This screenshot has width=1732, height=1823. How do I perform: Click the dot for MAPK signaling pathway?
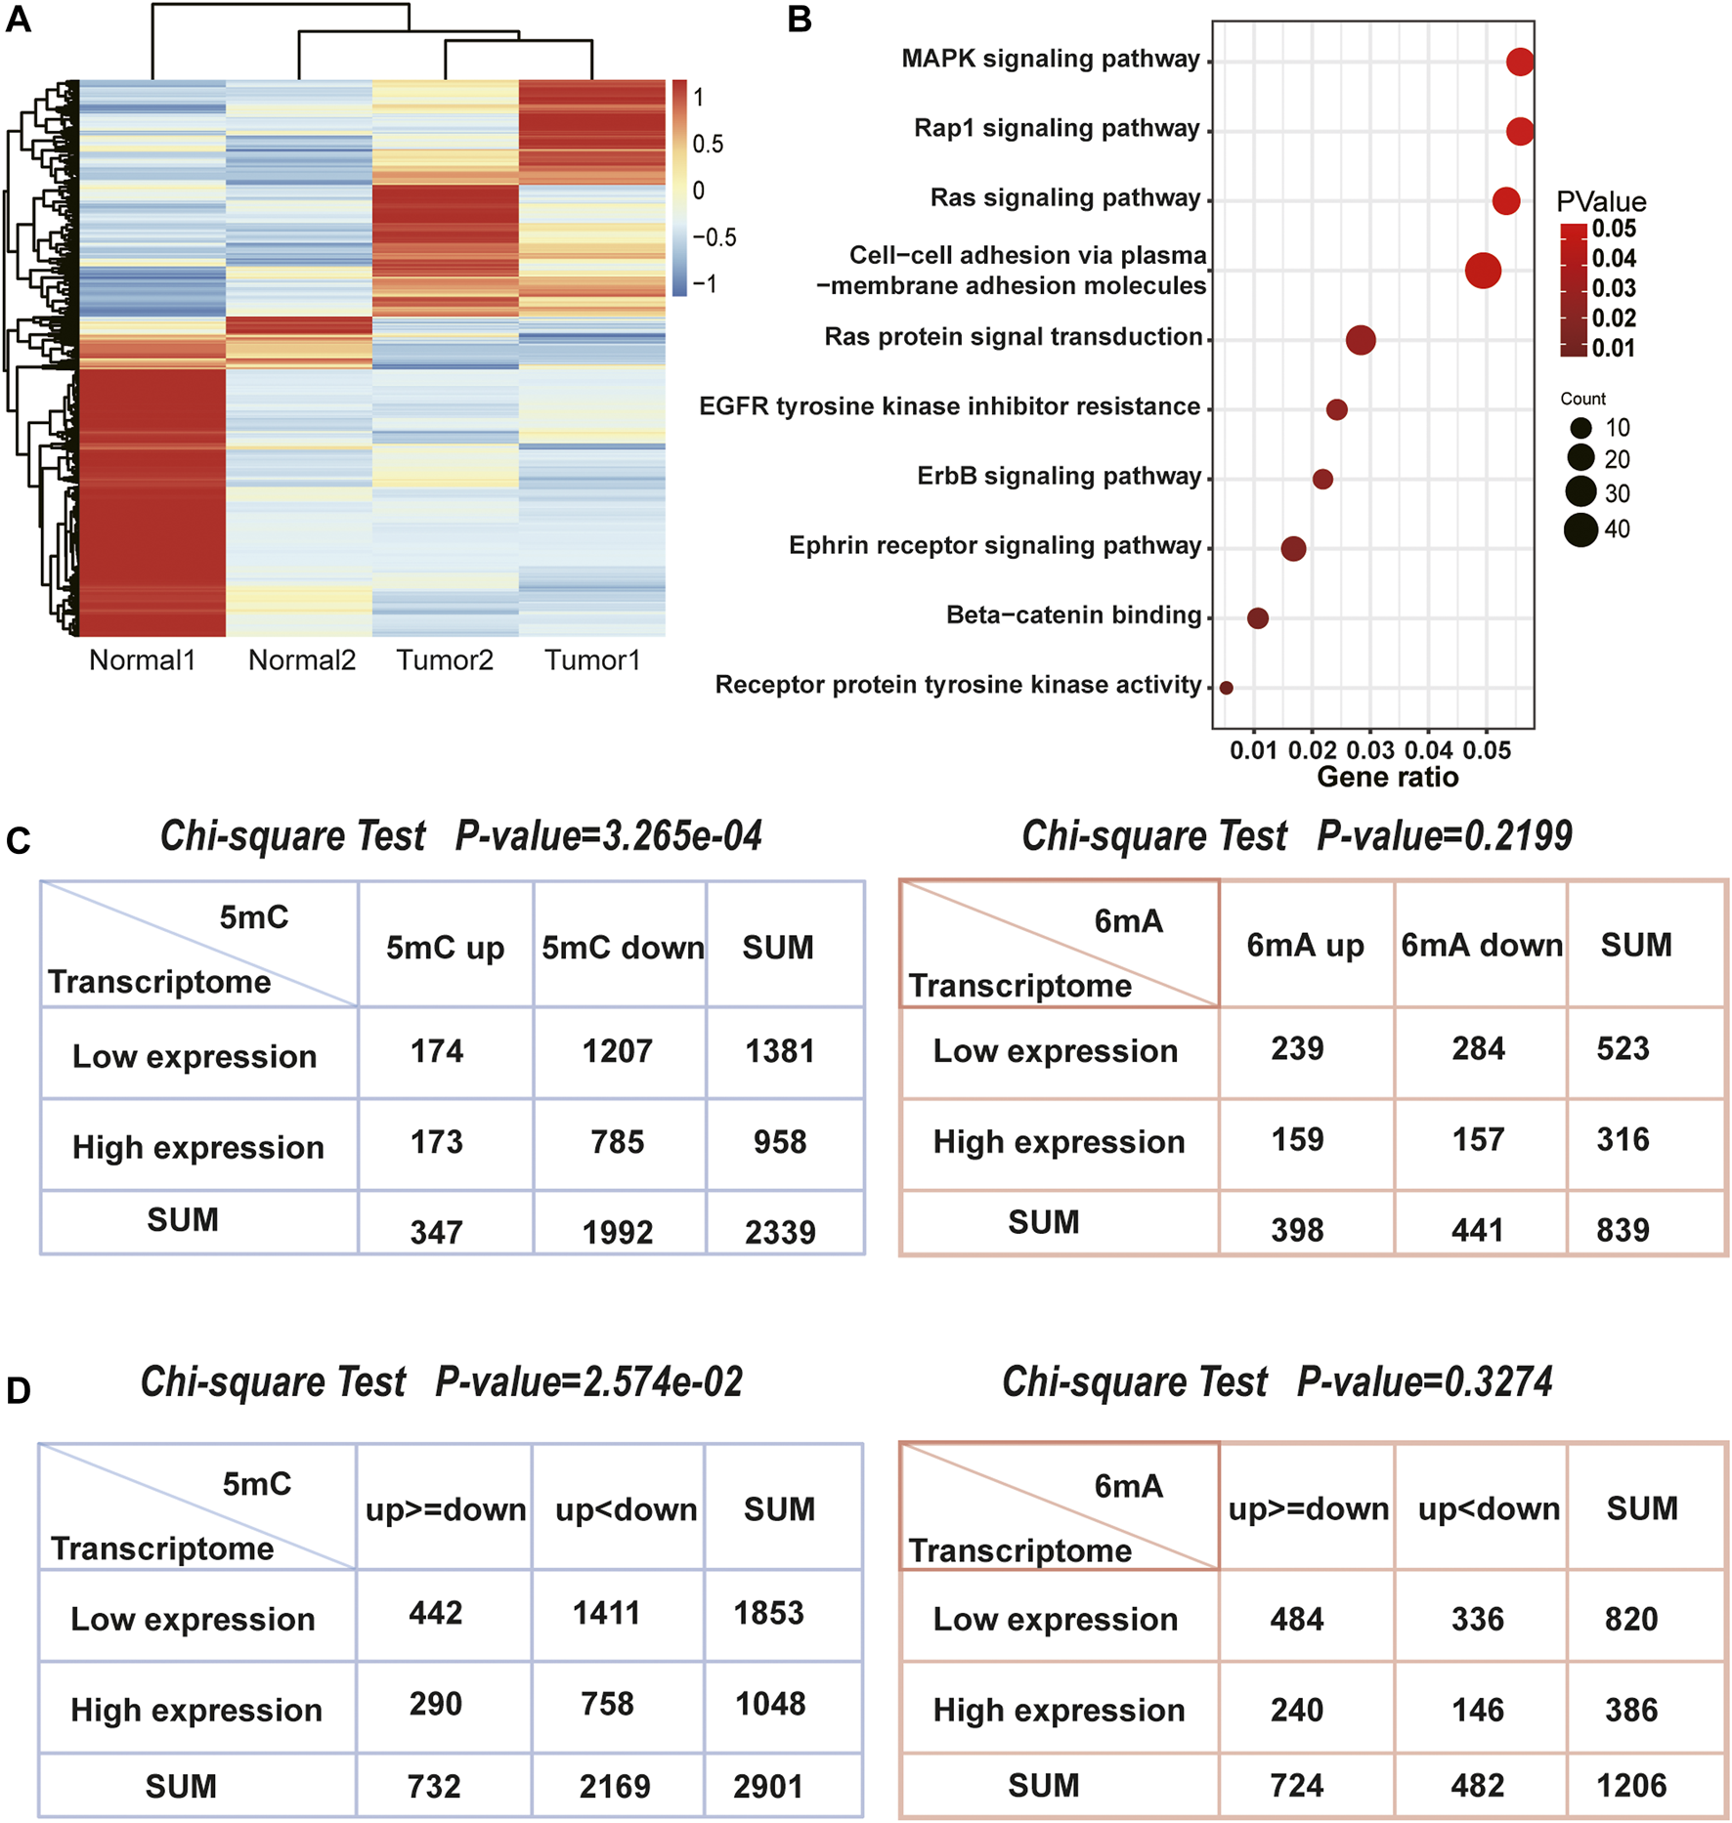1519,62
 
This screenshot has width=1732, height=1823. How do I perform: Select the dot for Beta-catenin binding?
1258,617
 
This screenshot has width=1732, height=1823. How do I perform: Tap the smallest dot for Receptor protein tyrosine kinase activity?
1227,688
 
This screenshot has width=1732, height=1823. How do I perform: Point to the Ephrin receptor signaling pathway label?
995,545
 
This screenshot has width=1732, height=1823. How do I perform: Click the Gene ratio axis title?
1387,777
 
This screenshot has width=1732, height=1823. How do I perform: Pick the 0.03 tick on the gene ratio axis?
1370,750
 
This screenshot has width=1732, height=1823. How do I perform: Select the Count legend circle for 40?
1580,530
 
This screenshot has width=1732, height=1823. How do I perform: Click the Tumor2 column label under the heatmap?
445,660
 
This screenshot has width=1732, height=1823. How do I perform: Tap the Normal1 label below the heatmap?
143,660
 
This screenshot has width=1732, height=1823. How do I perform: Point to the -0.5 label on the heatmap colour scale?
714,237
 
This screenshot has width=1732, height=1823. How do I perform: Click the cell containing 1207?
617,1051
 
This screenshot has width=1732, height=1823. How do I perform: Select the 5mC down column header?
623,947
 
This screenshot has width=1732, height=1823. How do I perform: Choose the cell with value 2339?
780,1232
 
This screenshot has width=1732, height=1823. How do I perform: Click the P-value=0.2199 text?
1445,836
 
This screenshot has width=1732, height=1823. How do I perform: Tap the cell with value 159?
1297,1139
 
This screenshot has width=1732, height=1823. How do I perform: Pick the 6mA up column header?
1305,945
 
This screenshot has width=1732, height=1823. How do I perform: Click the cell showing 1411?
607,1613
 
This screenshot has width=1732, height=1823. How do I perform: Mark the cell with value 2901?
768,1787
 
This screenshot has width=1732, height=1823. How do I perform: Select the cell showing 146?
1477,1710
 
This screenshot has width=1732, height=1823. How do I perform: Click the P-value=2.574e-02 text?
588,1382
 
